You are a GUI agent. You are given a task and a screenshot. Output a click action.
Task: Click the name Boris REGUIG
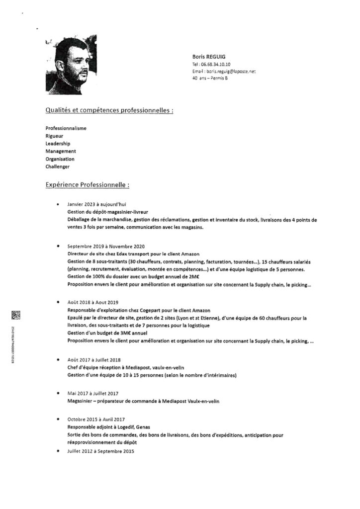[x=208, y=57]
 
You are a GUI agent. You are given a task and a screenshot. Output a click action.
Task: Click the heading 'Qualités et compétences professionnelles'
[x=109, y=110]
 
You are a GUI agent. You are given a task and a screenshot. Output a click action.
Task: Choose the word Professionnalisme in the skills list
[x=66, y=128]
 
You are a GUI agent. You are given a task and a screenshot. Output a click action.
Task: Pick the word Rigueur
[x=54, y=136]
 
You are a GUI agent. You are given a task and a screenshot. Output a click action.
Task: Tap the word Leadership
[x=58, y=143]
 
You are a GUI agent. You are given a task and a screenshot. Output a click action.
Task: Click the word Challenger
[x=57, y=166]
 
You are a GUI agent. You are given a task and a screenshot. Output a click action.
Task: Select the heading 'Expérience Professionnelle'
[x=88, y=185]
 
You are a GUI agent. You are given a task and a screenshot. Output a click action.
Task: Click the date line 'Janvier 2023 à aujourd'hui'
[x=97, y=204]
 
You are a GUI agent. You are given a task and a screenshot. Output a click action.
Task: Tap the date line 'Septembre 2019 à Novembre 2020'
[x=106, y=246]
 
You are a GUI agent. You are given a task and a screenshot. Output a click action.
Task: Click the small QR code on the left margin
[x=15, y=314]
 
